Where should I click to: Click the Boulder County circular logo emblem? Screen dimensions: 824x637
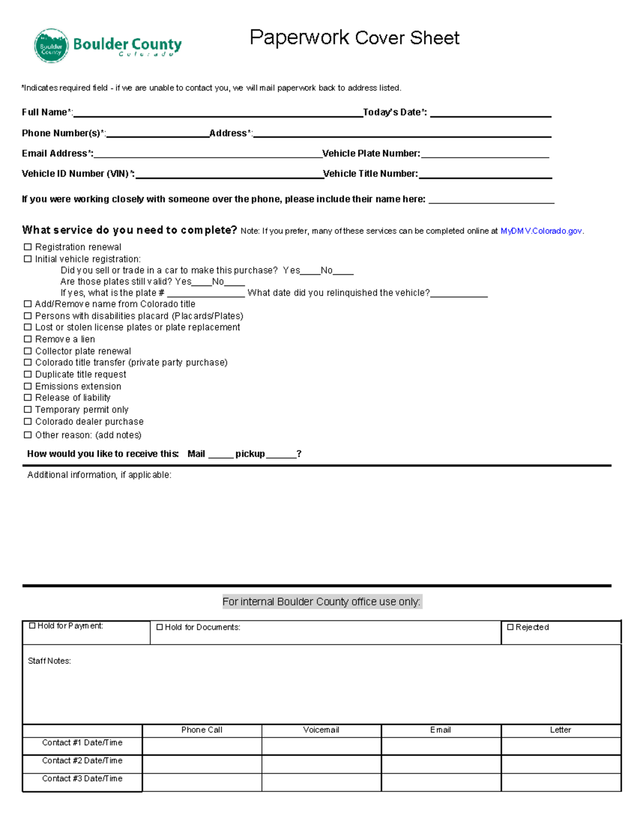click(x=51, y=46)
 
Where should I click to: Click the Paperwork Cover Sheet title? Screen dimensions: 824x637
click(x=354, y=38)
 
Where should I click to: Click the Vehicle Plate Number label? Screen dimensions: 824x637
click(x=371, y=154)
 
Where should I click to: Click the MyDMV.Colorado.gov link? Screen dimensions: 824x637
click(x=541, y=231)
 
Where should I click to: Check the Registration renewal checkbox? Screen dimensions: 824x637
click(x=28, y=247)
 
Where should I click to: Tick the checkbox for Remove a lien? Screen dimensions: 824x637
click(x=28, y=339)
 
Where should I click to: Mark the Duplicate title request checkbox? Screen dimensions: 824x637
click(x=28, y=374)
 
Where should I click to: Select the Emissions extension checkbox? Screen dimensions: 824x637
click(x=28, y=386)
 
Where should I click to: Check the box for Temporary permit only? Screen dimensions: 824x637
click(x=28, y=410)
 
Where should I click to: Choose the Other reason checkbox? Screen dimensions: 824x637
click(x=28, y=435)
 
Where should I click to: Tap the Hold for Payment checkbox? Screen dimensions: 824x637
click(x=32, y=626)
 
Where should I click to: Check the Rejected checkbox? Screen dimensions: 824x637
click(x=510, y=627)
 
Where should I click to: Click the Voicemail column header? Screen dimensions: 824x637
click(x=321, y=730)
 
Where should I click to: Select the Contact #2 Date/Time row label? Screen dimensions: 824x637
click(x=82, y=761)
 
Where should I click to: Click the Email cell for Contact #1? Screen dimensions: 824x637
click(x=441, y=746)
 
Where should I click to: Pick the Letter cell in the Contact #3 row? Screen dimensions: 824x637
click(x=561, y=782)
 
